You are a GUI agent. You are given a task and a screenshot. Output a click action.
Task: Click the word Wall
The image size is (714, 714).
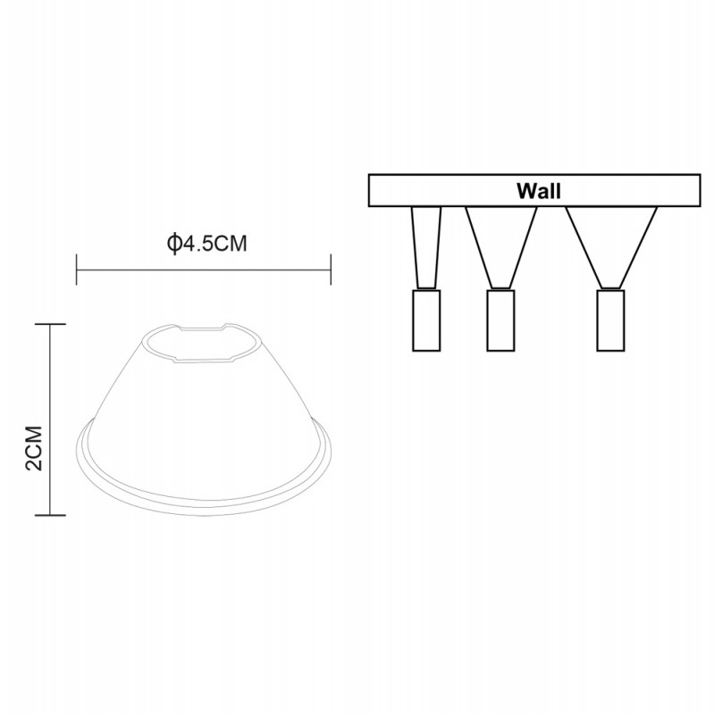539,191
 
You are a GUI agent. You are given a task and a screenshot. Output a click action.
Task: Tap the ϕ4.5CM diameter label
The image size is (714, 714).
207,244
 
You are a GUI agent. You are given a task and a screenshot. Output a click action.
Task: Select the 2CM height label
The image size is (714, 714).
35,449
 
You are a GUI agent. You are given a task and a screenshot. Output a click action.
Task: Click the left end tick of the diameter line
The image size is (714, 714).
77,270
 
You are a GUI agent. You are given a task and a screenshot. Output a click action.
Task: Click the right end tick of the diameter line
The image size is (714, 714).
331,270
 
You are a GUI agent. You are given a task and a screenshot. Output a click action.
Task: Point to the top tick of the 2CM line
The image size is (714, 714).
50,324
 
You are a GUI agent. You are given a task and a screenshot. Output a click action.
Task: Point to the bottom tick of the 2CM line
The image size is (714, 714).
50,516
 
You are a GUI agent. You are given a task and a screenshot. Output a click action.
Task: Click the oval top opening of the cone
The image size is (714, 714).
205,344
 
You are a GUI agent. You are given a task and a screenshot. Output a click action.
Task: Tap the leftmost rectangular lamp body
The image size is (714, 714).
426,320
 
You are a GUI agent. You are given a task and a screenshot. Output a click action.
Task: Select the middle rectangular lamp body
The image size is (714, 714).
500,320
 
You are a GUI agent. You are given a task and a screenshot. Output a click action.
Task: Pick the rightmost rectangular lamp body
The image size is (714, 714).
610,320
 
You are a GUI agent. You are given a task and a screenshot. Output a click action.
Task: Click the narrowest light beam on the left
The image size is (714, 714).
426,248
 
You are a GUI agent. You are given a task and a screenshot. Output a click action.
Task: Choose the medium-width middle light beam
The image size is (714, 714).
501,248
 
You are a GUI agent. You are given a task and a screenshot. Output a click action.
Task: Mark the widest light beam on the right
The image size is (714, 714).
611,248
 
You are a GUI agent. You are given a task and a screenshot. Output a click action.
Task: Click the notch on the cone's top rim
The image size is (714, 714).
202,327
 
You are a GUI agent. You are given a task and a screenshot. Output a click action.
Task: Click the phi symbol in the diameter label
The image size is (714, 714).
173,244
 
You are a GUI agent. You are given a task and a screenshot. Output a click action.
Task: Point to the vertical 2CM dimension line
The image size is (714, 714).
50,419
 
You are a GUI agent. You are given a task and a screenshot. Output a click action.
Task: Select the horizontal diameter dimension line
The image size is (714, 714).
204,270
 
